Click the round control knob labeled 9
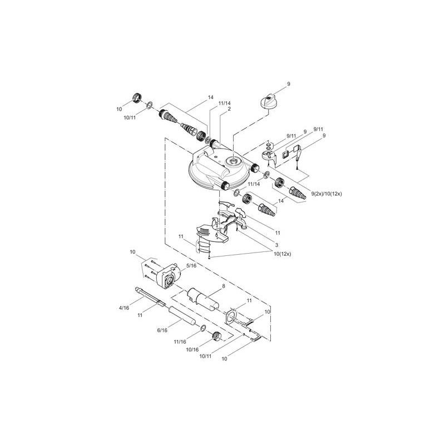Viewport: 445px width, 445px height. coord(269,102)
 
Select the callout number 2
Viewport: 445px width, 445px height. coord(229,110)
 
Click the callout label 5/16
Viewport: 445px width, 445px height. coord(191,266)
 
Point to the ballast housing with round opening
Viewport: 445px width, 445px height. coord(169,276)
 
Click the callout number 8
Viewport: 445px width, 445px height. coord(223,286)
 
